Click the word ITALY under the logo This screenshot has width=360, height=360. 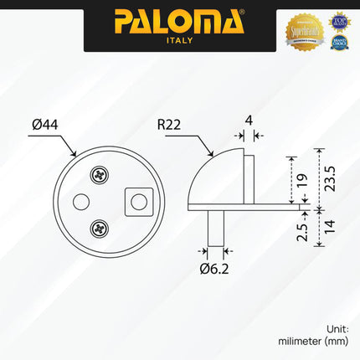tap(179, 39)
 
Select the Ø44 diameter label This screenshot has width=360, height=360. tap(45, 126)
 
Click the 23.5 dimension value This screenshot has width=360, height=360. tap(330, 177)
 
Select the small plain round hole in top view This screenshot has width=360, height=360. tap(81, 201)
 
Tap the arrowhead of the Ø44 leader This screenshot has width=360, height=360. tap(75, 154)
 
